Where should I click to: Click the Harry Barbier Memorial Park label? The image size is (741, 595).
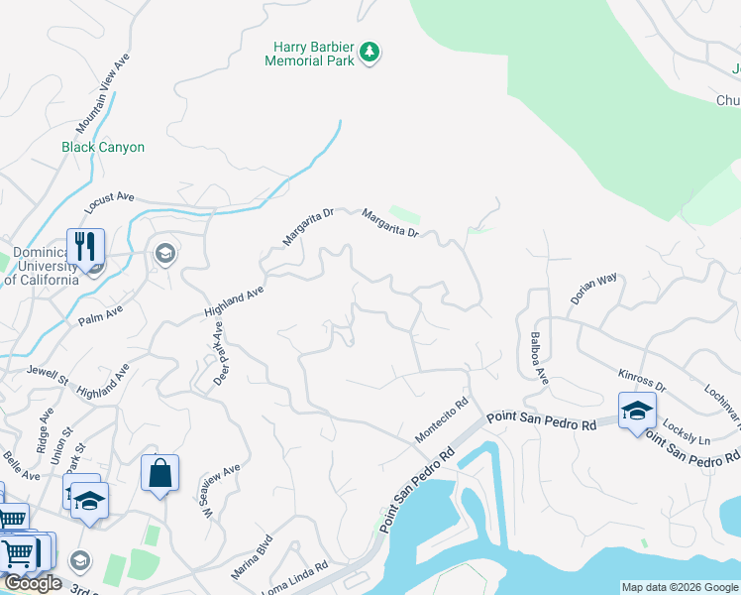point(310,54)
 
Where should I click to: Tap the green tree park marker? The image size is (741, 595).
point(370,52)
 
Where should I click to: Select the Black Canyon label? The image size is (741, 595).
point(103,147)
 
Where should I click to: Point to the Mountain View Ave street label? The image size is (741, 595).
point(103,95)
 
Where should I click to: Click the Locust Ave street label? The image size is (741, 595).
point(109,203)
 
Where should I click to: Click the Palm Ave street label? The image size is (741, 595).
point(100,316)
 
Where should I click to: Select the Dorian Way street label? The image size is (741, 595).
point(593,289)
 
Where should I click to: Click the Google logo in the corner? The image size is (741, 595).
point(33,583)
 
